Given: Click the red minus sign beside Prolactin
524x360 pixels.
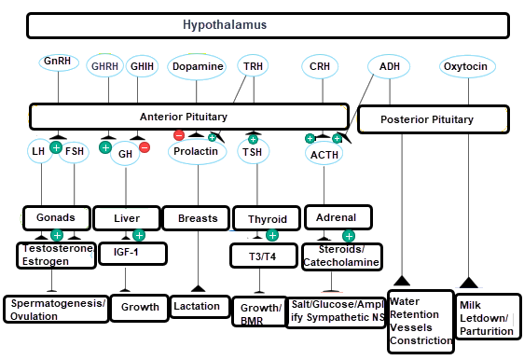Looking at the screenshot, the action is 179,135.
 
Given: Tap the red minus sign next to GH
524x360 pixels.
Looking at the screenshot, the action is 145,147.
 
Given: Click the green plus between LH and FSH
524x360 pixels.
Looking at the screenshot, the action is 56,147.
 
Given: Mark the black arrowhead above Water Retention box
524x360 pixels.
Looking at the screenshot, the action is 402,281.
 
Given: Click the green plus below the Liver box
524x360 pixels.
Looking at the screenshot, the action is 139,235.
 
